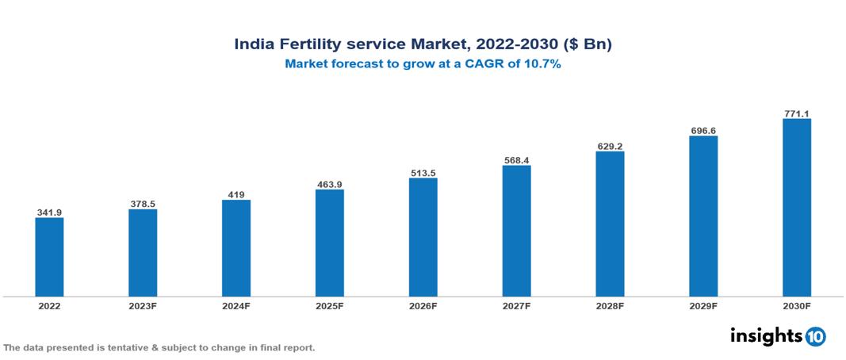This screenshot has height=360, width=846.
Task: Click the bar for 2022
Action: [49, 256]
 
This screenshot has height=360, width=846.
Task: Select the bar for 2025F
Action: [329, 243]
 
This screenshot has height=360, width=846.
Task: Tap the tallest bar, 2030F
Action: [796, 207]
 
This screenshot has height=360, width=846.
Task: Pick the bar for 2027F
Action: [516, 231]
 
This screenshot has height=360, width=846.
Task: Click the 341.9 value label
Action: [49, 213]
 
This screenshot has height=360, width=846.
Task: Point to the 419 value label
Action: [235, 194]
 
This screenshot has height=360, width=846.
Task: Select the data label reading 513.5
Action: [423, 172]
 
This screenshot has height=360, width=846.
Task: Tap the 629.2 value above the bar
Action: [610, 146]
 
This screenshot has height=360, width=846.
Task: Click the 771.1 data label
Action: [796, 113]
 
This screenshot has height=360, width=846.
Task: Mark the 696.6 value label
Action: [703, 130]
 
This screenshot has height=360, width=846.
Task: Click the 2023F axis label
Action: [143, 305]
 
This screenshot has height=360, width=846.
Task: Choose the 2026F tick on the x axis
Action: [423, 305]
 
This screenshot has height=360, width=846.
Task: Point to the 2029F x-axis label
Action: [703, 305]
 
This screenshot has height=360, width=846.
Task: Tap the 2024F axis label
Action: [235, 305]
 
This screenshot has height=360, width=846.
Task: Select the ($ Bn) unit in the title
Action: [588, 44]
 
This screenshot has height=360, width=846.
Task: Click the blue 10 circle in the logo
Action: [815, 336]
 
